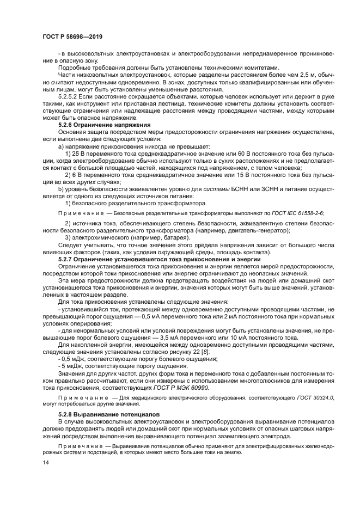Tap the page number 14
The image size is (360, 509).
(45, 462)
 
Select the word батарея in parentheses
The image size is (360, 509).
(175, 238)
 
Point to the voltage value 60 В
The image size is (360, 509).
(230, 153)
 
